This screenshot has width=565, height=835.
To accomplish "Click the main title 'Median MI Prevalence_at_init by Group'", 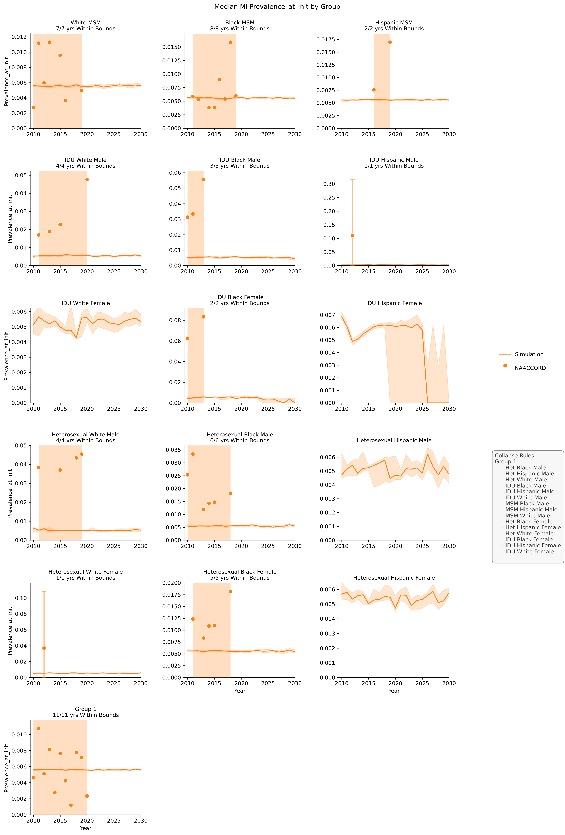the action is [277, 6].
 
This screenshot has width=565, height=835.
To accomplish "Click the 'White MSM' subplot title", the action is [86, 23].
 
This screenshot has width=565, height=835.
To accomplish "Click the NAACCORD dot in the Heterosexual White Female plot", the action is [44, 648].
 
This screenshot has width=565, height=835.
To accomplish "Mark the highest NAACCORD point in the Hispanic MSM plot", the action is [390, 42].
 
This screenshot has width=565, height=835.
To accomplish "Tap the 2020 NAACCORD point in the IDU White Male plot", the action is [87, 179].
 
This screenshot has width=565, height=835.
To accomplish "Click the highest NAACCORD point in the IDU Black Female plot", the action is [204, 317].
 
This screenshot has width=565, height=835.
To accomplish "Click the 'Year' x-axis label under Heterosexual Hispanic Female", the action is [394, 691].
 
